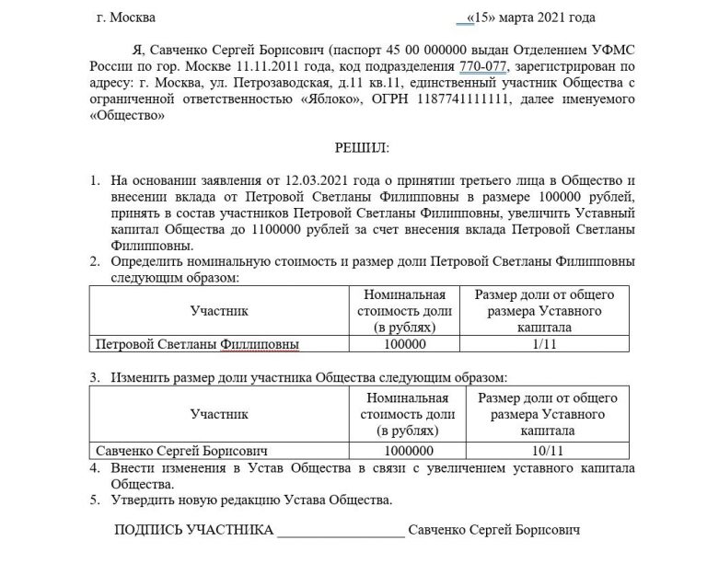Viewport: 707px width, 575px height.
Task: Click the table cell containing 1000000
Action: [405, 452]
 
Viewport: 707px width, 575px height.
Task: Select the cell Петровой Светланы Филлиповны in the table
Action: [198, 345]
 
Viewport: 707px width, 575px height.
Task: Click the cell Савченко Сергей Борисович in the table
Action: [181, 452]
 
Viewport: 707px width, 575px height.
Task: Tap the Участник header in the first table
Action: [218, 311]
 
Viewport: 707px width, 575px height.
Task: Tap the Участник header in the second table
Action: [218, 415]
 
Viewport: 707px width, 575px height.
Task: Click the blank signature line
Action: [340, 534]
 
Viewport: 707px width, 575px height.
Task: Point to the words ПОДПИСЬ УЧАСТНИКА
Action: [193, 531]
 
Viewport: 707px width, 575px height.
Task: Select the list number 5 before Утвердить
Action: [95, 500]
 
